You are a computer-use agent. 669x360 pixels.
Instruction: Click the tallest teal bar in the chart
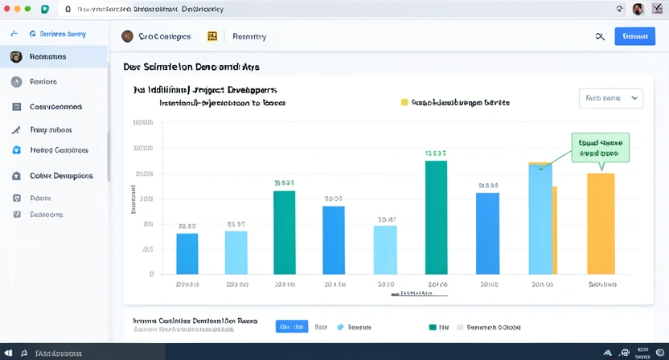click(x=436, y=217)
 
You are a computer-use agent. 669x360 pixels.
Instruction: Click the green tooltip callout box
click(x=600, y=147)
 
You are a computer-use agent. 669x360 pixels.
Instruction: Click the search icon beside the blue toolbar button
click(x=600, y=36)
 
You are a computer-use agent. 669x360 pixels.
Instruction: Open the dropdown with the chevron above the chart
click(x=610, y=98)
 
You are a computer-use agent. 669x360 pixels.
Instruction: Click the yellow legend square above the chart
click(x=404, y=103)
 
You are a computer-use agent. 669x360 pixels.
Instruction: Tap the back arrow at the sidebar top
click(x=14, y=35)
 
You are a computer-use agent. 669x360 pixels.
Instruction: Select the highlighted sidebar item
click(x=53, y=57)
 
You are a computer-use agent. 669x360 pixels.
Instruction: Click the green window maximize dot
click(x=28, y=8)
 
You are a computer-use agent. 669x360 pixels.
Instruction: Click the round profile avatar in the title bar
click(x=638, y=9)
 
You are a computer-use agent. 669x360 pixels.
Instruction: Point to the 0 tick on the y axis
click(x=150, y=274)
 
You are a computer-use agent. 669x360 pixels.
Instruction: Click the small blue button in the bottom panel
click(x=291, y=327)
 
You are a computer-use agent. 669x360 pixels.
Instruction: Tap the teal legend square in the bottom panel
click(x=433, y=328)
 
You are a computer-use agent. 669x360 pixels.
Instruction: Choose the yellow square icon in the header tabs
click(x=212, y=36)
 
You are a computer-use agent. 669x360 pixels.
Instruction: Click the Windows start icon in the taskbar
click(x=8, y=353)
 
